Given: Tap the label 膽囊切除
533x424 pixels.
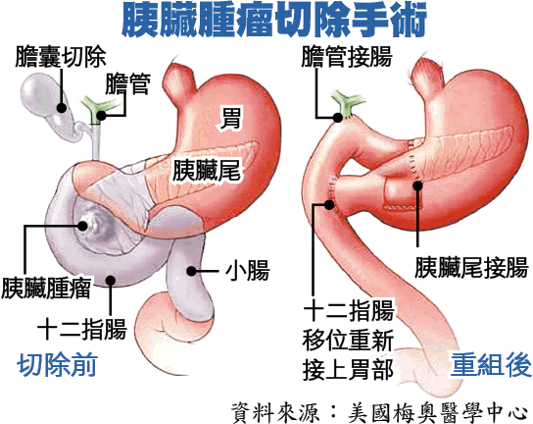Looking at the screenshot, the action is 61,56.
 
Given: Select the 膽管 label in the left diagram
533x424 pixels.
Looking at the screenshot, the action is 127,83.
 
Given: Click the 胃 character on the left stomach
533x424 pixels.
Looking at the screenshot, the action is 230,118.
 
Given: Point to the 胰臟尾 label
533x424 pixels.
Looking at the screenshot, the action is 207,170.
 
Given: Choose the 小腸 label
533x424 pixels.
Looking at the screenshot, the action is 247,271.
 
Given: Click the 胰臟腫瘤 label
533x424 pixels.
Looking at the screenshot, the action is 46,289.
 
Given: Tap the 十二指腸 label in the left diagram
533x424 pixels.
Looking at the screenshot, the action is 82,329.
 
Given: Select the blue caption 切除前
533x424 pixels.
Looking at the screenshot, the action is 57,365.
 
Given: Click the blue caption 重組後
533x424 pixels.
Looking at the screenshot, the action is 491,365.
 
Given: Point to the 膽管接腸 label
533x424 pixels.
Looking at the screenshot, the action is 347,56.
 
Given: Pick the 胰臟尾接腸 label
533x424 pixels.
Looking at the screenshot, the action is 471,267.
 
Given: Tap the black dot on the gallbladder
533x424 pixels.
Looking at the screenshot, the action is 62,108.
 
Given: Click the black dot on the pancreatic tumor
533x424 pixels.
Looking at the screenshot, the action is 82,226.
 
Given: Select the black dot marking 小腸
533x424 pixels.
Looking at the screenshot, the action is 192,271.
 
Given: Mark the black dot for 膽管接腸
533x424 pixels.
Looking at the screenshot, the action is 338,118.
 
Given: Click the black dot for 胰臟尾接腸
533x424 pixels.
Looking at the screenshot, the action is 417,185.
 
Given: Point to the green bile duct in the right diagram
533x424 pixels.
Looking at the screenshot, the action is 348,104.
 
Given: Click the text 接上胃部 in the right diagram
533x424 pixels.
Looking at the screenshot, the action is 348,370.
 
